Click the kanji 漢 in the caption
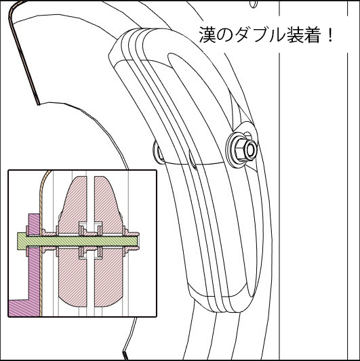(207, 35)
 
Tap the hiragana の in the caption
(225, 35)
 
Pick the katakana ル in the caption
(277, 35)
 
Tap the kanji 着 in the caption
(313, 35)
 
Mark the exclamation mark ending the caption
(330, 35)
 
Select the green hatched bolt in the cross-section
(78, 241)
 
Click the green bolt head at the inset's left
(22, 241)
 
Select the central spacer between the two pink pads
(91, 241)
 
